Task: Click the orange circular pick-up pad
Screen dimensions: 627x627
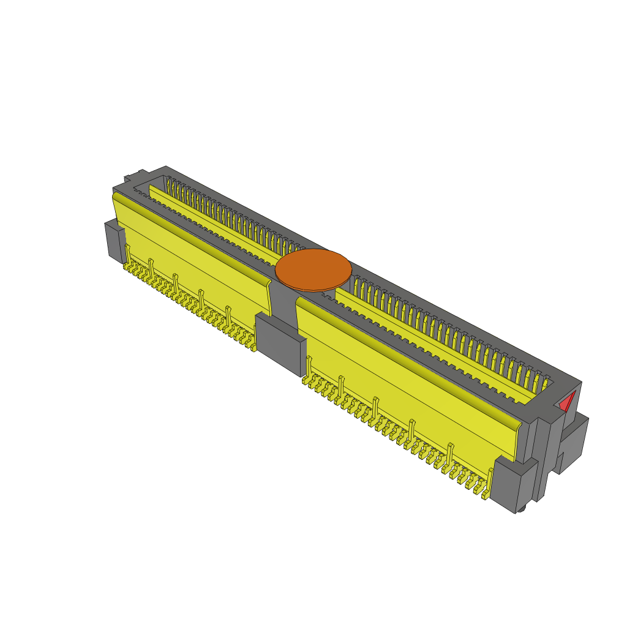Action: point(313,269)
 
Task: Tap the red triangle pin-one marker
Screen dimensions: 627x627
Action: point(567,402)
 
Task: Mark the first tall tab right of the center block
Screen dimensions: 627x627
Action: point(308,367)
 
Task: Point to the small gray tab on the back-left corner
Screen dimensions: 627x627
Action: point(128,179)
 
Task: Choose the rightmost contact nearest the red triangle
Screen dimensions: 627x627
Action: point(544,385)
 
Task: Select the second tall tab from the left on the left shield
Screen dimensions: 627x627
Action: point(151,267)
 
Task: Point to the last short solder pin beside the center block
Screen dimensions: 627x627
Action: point(252,347)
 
